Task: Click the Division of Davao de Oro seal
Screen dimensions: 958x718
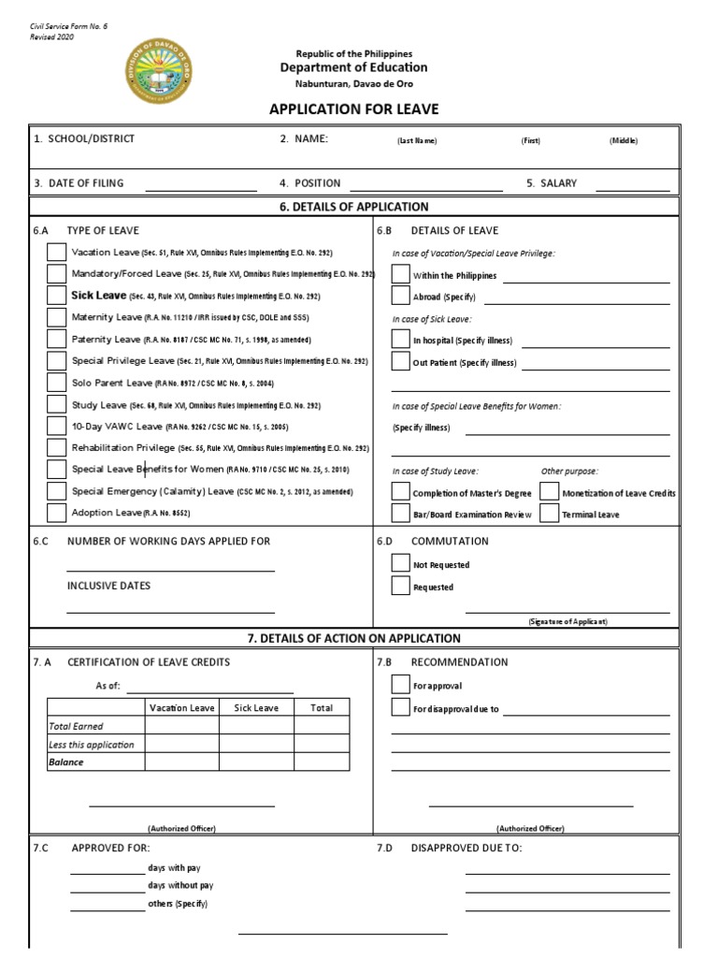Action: click(x=156, y=71)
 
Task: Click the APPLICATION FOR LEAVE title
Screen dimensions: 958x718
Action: click(x=353, y=109)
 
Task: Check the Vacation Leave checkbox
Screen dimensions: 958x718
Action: click(x=57, y=252)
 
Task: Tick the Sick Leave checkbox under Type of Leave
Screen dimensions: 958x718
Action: click(x=57, y=296)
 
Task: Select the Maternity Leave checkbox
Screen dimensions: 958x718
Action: click(x=57, y=317)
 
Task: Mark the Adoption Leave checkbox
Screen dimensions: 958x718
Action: click(x=57, y=513)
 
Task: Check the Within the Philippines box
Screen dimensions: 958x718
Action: click(x=400, y=275)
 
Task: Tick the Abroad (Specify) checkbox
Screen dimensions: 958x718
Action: click(x=400, y=297)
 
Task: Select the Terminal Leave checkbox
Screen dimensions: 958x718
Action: click(x=549, y=514)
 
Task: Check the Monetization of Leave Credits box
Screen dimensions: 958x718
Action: click(x=549, y=492)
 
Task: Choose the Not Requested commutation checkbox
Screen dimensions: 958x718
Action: click(x=400, y=564)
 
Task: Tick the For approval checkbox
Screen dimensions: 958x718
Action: click(x=400, y=685)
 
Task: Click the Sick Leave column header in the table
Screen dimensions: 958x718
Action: click(x=256, y=708)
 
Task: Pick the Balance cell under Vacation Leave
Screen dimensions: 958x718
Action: click(x=181, y=762)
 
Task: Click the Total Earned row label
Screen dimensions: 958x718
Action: click(x=76, y=726)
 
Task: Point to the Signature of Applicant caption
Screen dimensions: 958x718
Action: click(x=567, y=621)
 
